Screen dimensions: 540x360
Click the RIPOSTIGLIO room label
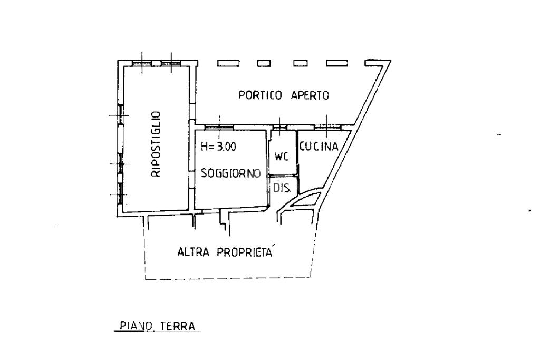tap(156, 144)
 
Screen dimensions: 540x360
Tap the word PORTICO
tap(261, 95)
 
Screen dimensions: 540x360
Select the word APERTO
tap(310, 95)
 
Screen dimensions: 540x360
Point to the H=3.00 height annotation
tap(219, 147)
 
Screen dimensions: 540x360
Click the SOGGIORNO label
tap(231, 173)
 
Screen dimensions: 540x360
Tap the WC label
tap(282, 157)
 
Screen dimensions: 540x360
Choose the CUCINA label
tap(319, 147)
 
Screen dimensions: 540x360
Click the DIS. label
tap(283, 188)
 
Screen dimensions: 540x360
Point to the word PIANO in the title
tap(136, 326)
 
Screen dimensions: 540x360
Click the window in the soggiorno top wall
tap(219, 128)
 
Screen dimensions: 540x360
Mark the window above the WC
tap(279, 128)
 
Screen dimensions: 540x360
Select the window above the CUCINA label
tap(327, 128)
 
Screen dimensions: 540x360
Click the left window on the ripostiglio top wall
tap(142, 63)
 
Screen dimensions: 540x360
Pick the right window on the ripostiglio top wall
tap(171, 63)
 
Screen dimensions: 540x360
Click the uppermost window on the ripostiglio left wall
tap(121, 114)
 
